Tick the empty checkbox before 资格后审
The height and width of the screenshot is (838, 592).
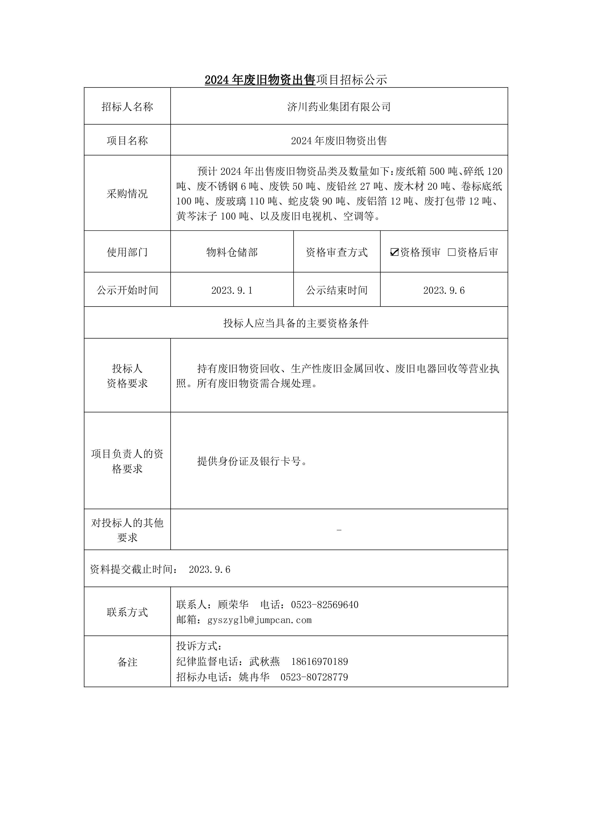point(452,252)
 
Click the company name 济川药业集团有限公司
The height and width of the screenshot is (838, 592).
point(339,107)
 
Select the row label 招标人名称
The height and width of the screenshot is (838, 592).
point(127,107)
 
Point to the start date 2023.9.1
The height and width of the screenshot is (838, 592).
point(232,290)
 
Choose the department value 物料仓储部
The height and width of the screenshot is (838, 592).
point(232,252)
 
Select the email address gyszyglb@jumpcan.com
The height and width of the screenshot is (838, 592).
point(259,620)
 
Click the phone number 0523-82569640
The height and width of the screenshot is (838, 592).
point(325,605)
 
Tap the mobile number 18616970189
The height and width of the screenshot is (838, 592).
point(320,662)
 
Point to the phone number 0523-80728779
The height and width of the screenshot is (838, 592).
point(314,677)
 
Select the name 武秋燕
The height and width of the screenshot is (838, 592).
point(264,662)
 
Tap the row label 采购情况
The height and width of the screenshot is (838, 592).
point(127,194)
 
